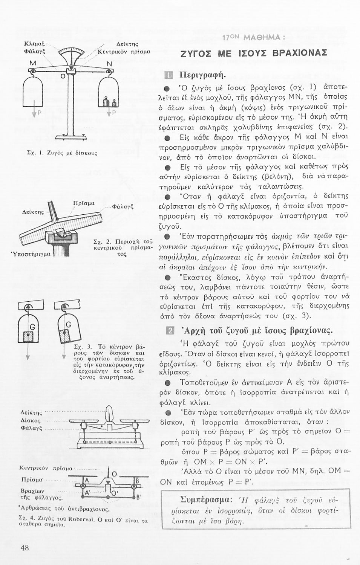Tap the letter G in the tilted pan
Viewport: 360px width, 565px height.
point(68,325)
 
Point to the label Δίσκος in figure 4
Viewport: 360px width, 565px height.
point(31,420)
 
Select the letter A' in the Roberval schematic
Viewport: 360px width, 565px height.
point(87,492)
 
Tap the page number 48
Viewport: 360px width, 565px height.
point(25,548)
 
